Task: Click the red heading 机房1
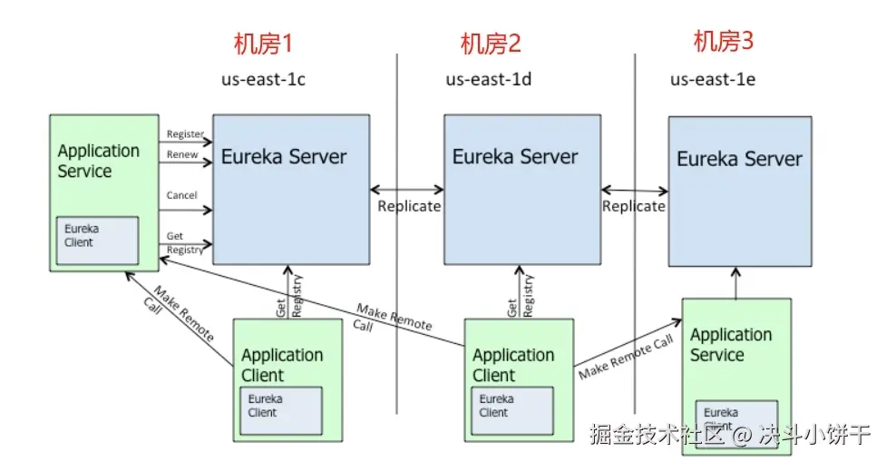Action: coord(264,44)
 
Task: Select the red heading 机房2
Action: coord(491,44)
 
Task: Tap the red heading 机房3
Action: coord(724,41)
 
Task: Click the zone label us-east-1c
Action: coord(263,80)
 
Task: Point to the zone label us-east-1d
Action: coord(488,80)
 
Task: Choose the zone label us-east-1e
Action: coord(713,80)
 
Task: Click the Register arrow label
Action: coord(185,134)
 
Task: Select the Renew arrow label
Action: coord(181,155)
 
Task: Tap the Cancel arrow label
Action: coord(182,195)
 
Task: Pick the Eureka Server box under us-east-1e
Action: coord(740,191)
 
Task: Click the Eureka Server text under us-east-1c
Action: coord(284,156)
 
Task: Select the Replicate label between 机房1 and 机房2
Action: coord(409,206)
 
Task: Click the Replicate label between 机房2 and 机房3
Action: coord(634,206)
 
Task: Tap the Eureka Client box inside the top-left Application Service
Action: coord(97,240)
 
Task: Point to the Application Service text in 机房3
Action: coord(731,345)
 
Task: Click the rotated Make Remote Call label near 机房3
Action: coord(626,356)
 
